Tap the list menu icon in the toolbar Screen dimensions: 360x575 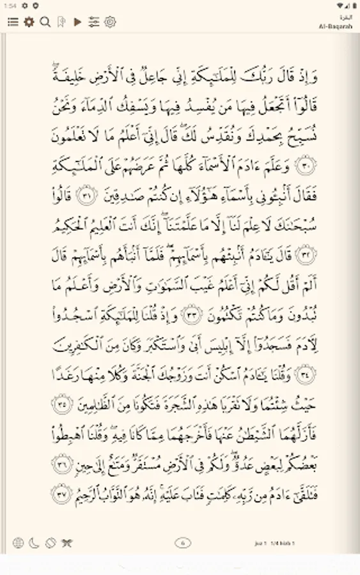pyautogui.click(x=12, y=22)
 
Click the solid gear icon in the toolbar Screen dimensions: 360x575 pyautogui.click(x=29, y=22)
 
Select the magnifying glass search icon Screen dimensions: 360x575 pyautogui.click(x=45, y=22)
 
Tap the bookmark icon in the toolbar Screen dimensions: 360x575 pyautogui.click(x=61, y=22)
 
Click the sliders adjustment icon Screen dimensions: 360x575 pyautogui.click(x=94, y=22)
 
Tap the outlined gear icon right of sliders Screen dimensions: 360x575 pyautogui.click(x=110, y=22)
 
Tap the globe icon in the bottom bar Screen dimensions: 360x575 pyautogui.click(x=18, y=543)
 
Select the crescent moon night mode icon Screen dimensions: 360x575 pyautogui.click(x=34, y=543)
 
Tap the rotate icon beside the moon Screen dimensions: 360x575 pyautogui.click(x=51, y=543)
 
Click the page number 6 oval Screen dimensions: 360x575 pyautogui.click(x=183, y=543)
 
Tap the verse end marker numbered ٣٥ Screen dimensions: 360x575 pyautogui.click(x=61, y=404)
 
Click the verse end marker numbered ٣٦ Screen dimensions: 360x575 pyautogui.click(x=61, y=462)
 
